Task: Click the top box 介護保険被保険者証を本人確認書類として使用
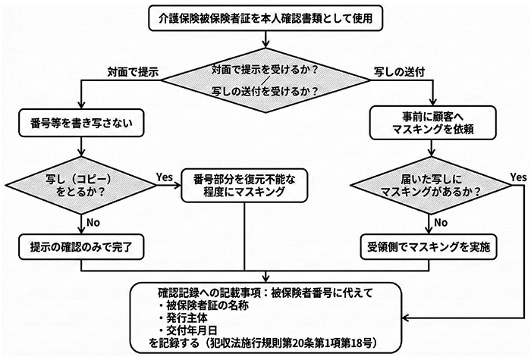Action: point(265,14)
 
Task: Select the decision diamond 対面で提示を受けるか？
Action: point(265,79)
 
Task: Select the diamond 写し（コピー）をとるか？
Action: point(79,184)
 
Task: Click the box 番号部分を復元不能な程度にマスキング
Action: point(244,184)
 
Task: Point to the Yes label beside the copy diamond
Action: point(165,176)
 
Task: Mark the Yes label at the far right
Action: point(518,177)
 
